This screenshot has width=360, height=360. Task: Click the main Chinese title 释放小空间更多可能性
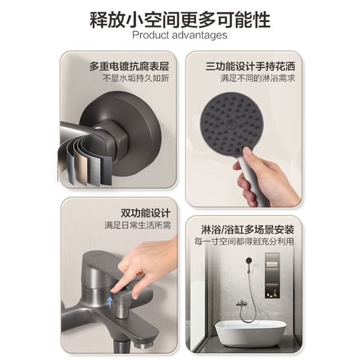click(180, 20)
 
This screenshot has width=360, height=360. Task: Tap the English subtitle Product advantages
click(180, 35)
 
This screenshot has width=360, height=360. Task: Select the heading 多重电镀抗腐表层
click(129, 66)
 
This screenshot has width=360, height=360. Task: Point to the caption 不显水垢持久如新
click(136, 78)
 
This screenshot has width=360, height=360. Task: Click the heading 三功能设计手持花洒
click(250, 66)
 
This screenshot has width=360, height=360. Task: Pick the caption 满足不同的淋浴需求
click(258, 78)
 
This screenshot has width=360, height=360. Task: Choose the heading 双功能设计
click(146, 213)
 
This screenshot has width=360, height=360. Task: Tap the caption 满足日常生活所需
click(137, 225)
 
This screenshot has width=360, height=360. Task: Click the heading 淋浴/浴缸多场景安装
click(247, 229)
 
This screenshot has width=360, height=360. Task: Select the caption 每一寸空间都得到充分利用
click(244, 241)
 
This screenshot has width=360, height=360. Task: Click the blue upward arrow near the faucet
click(110, 302)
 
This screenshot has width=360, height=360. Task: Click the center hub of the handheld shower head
click(231, 124)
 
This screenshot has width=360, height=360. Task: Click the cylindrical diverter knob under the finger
click(123, 305)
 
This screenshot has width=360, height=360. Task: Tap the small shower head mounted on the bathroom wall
click(249, 260)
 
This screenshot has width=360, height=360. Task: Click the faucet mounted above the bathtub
click(241, 304)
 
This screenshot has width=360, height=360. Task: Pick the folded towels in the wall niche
click(272, 264)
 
